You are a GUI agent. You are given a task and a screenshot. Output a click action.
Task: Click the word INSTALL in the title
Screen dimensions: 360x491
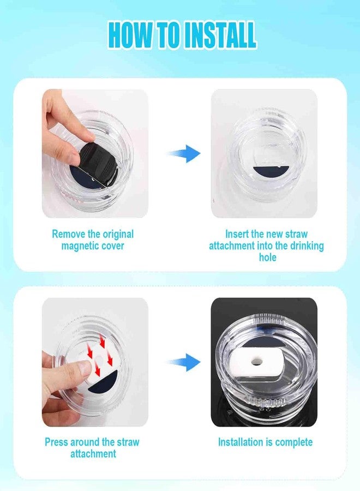[220, 35]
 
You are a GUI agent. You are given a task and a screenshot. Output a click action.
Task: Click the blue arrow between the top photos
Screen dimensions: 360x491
[184, 153]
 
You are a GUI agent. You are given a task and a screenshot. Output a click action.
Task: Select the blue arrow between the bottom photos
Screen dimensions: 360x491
[184, 362]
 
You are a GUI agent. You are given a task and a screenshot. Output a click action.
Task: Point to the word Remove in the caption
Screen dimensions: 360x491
[69, 234]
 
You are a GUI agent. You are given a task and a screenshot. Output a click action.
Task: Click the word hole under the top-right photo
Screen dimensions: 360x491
[268, 258]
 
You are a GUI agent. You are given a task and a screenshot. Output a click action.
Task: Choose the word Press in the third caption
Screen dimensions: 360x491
[56, 442]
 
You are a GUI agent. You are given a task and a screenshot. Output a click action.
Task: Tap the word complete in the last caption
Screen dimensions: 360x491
[294, 442]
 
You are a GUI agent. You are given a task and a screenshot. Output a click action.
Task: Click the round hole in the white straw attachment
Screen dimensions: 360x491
[257, 362]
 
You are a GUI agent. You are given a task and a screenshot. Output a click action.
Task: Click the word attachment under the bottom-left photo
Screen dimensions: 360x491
[93, 454]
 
